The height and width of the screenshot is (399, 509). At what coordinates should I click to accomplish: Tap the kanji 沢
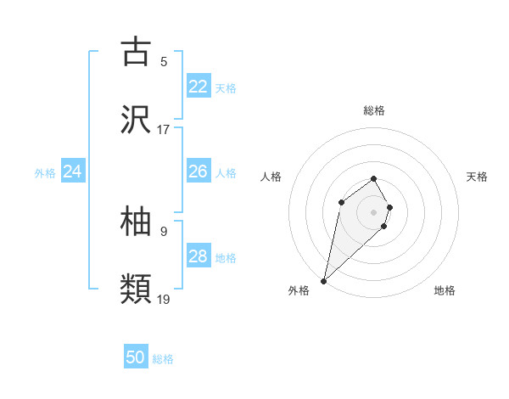[x=136, y=121]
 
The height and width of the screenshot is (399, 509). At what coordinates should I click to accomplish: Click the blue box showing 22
[x=199, y=87]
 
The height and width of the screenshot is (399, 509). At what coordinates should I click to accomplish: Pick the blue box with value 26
[x=199, y=171]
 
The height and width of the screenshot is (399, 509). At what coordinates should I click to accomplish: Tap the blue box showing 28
[x=199, y=256]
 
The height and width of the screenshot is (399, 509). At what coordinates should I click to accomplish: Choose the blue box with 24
[x=73, y=171]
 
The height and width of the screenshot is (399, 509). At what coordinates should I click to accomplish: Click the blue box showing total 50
[x=136, y=357]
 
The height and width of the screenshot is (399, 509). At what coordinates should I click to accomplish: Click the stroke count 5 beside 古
[x=164, y=61]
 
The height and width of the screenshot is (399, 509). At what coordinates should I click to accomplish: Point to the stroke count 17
[x=164, y=130]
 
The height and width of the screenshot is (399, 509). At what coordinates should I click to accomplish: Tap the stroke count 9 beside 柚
[x=164, y=230]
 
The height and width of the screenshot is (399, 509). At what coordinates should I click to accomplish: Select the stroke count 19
[x=164, y=300]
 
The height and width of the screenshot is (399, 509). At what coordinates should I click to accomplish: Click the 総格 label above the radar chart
[x=374, y=110]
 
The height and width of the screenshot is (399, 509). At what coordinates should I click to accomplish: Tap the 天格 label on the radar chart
[x=478, y=177]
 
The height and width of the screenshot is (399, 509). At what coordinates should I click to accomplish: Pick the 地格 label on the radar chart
[x=445, y=290]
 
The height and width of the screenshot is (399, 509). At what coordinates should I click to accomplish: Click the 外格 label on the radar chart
[x=299, y=290]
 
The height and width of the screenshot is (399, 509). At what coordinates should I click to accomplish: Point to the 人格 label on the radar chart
[x=271, y=177]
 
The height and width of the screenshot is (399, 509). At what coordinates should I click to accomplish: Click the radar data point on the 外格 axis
[x=324, y=280]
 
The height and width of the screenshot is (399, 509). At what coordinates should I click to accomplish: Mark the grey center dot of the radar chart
[x=374, y=211]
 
